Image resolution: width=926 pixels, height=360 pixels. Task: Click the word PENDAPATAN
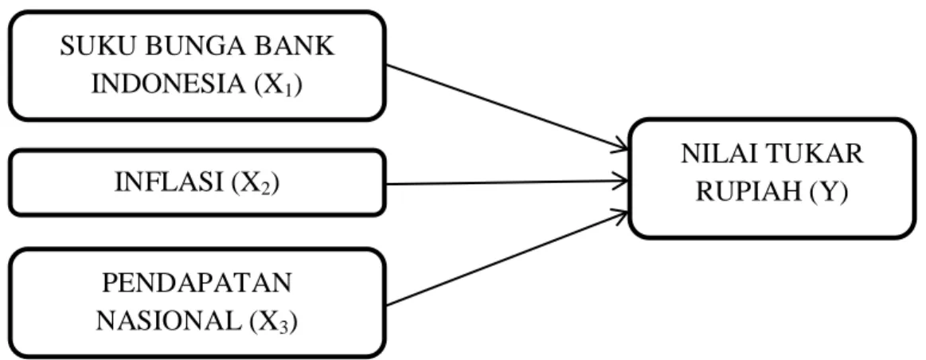coord(197,284)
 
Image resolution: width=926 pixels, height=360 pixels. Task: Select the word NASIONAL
coord(168,322)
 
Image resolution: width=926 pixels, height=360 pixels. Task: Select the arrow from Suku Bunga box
coord(506,107)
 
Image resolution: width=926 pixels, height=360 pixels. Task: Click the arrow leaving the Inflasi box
coord(506,182)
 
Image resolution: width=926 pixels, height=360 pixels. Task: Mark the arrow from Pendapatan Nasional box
coord(506,258)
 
